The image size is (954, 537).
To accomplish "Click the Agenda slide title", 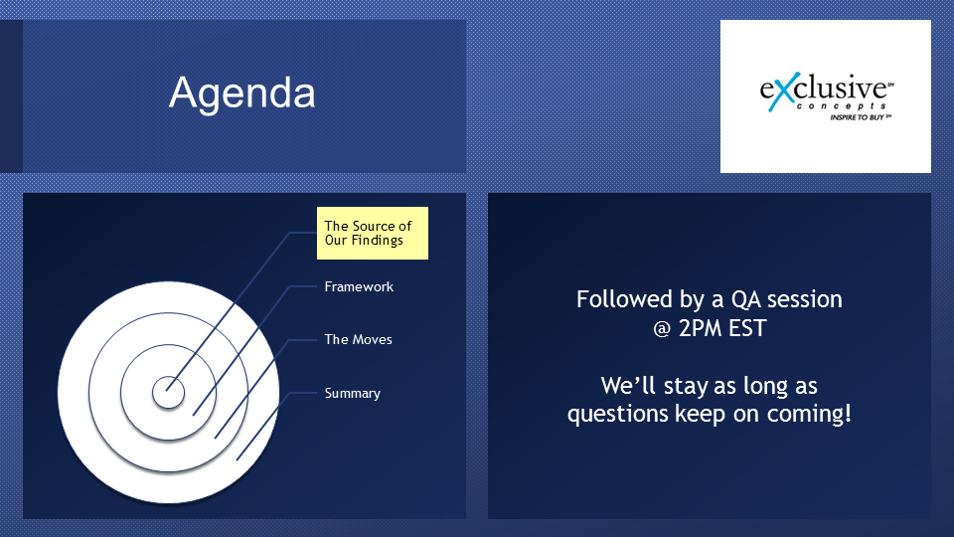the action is [242, 93].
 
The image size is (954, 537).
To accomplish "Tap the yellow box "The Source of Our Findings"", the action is [373, 233].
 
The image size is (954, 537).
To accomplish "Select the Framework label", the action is [359, 286].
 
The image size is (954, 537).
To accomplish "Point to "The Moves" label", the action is [359, 340].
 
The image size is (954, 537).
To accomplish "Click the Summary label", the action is [352, 394].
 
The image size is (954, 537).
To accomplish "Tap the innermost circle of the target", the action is [169, 392].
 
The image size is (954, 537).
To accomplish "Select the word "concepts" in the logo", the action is [842, 106].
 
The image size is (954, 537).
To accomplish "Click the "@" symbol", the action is [662, 329].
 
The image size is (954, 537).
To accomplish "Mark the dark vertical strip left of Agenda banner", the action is [11, 96].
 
